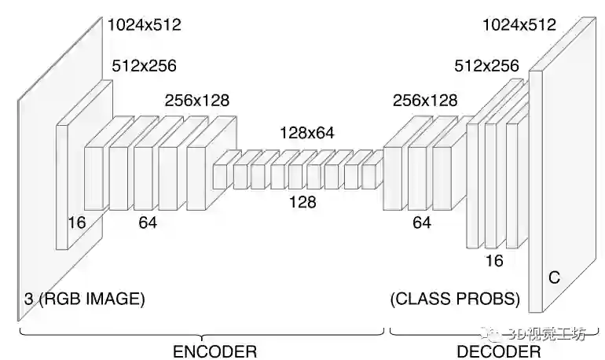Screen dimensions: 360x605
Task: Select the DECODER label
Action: [498, 350]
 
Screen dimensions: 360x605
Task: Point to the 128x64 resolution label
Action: [306, 133]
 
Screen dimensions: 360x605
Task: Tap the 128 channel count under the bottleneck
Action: [302, 203]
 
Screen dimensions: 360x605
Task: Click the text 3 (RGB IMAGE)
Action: [84, 299]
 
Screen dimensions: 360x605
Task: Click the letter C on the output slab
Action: [554, 277]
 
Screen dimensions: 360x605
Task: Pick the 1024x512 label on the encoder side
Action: [145, 24]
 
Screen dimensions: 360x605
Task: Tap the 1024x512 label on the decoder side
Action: [519, 24]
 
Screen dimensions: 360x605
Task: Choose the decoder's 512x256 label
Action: [487, 66]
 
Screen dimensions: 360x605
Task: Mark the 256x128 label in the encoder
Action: [196, 101]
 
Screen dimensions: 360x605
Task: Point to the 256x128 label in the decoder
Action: [425, 101]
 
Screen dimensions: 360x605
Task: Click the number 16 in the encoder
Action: [76, 222]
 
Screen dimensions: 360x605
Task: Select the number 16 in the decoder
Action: [493, 261]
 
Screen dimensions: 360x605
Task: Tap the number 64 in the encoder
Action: [148, 222]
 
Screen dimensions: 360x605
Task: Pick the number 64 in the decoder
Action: [422, 222]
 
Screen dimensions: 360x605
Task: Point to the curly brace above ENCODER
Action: [201, 333]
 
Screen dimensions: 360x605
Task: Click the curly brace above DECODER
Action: [497, 333]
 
